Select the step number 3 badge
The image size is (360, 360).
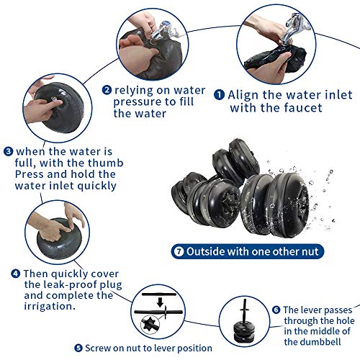tap(8, 151)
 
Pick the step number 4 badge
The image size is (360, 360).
tap(15, 274)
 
